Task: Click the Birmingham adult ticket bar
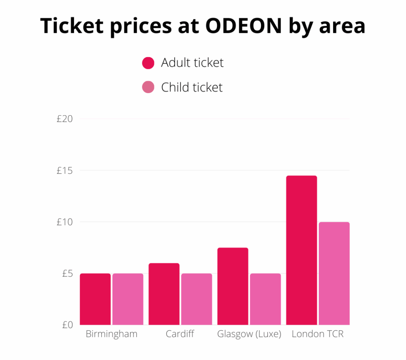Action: click(x=95, y=299)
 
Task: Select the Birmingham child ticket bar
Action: click(x=128, y=299)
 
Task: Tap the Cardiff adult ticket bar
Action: click(x=164, y=294)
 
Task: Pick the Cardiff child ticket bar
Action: click(x=197, y=299)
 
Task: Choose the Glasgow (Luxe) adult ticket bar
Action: click(x=233, y=286)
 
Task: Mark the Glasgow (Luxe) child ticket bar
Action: click(x=265, y=299)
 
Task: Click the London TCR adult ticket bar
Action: click(x=301, y=250)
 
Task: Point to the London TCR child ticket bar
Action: click(x=334, y=273)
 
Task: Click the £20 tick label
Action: click(x=65, y=119)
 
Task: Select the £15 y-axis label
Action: click(x=65, y=170)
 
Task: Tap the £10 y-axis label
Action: click(x=65, y=222)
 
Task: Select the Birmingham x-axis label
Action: click(x=111, y=334)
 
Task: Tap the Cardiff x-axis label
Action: click(x=180, y=334)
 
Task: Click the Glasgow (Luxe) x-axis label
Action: click(x=249, y=334)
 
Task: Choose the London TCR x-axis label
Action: click(x=318, y=334)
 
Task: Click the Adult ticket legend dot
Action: click(x=148, y=63)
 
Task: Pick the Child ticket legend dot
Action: click(x=148, y=87)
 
